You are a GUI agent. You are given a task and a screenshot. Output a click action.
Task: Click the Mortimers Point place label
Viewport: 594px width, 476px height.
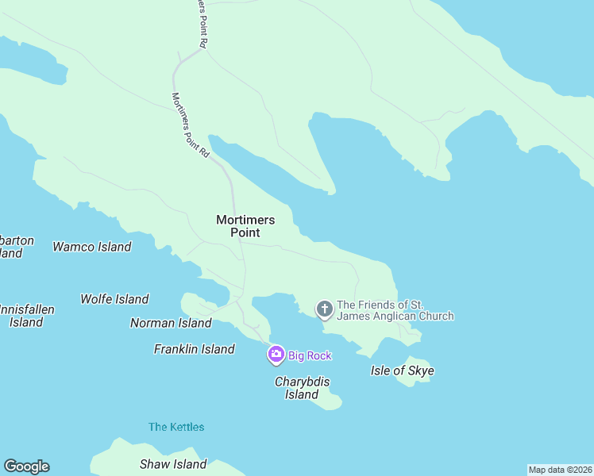[245, 226]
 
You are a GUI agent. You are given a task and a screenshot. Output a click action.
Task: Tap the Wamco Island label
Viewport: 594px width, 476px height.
[92, 247]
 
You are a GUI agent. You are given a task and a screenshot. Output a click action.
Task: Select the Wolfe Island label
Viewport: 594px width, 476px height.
[114, 299]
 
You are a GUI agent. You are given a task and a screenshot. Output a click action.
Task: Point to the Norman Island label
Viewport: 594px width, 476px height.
[171, 323]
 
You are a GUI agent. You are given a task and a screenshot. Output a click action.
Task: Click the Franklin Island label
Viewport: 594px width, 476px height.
[195, 349]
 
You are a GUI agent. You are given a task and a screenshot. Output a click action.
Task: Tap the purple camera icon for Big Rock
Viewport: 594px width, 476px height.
[276, 355]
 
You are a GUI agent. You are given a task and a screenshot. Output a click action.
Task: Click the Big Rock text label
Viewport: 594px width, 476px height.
[310, 355]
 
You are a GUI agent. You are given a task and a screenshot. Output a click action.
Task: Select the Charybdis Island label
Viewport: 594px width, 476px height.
[302, 388]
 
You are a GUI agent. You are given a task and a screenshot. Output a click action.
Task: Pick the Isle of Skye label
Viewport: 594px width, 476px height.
[403, 370]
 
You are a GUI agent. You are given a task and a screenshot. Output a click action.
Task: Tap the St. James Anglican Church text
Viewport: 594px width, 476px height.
[395, 310]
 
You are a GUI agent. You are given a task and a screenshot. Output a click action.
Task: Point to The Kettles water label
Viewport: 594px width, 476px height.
[176, 427]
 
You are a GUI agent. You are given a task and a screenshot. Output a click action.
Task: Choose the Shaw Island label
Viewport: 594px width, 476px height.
[173, 464]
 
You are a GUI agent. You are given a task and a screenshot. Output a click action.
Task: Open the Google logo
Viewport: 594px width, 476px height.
[26, 466]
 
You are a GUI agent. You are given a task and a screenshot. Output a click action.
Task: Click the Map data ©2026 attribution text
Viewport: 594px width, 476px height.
[560, 470]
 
